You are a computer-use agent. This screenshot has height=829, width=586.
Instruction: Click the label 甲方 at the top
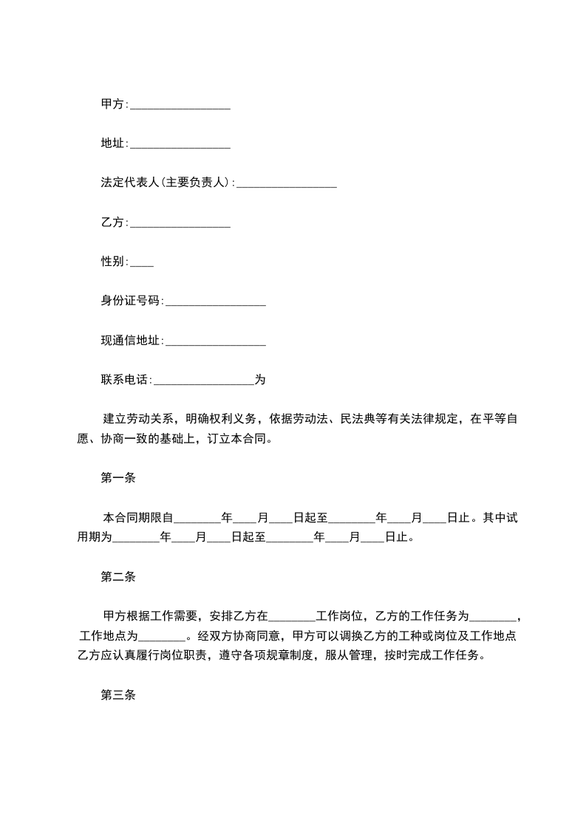(x=114, y=104)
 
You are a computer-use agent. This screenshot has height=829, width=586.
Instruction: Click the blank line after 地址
(x=180, y=145)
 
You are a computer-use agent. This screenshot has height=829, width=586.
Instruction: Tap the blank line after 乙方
(x=180, y=223)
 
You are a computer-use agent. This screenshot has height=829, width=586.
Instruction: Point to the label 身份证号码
(x=130, y=301)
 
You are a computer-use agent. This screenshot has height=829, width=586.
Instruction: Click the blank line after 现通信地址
(x=215, y=341)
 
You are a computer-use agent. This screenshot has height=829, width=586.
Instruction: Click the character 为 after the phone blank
(x=259, y=381)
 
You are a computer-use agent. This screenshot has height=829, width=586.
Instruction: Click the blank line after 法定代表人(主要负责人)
(x=287, y=184)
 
